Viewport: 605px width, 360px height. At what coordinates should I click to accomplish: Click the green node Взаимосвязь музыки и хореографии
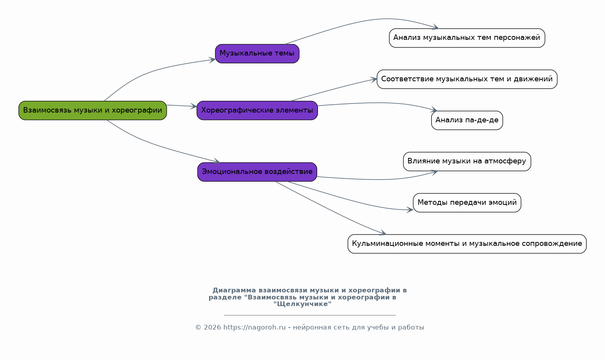(93, 111)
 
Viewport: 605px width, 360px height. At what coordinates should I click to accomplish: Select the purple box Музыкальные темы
(257, 54)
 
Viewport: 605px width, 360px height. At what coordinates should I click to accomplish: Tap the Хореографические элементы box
(257, 111)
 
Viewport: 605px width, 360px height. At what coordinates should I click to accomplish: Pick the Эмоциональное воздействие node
(257, 172)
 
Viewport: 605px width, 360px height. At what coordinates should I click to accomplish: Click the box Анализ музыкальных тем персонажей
(467, 38)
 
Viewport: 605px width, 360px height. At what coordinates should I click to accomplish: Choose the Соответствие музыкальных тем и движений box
(467, 79)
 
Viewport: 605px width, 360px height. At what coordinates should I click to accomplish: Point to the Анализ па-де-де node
(467, 120)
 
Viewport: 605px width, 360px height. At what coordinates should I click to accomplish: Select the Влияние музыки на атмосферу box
(467, 161)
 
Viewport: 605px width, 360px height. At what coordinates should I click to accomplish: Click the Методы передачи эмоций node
(467, 203)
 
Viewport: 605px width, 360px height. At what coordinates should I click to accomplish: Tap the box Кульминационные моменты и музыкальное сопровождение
(467, 244)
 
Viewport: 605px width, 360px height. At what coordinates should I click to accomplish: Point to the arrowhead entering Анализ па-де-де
(434, 111)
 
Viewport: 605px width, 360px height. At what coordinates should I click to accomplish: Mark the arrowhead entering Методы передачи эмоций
(410, 210)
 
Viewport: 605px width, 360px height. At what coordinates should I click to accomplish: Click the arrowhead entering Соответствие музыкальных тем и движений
(374, 79)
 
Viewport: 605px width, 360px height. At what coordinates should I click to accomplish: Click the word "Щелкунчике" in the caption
(302, 304)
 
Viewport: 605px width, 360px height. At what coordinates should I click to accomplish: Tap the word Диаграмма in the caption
(234, 290)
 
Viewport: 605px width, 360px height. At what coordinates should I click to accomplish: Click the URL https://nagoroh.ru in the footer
(254, 328)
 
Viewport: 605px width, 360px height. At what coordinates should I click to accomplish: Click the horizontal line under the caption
(309, 315)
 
